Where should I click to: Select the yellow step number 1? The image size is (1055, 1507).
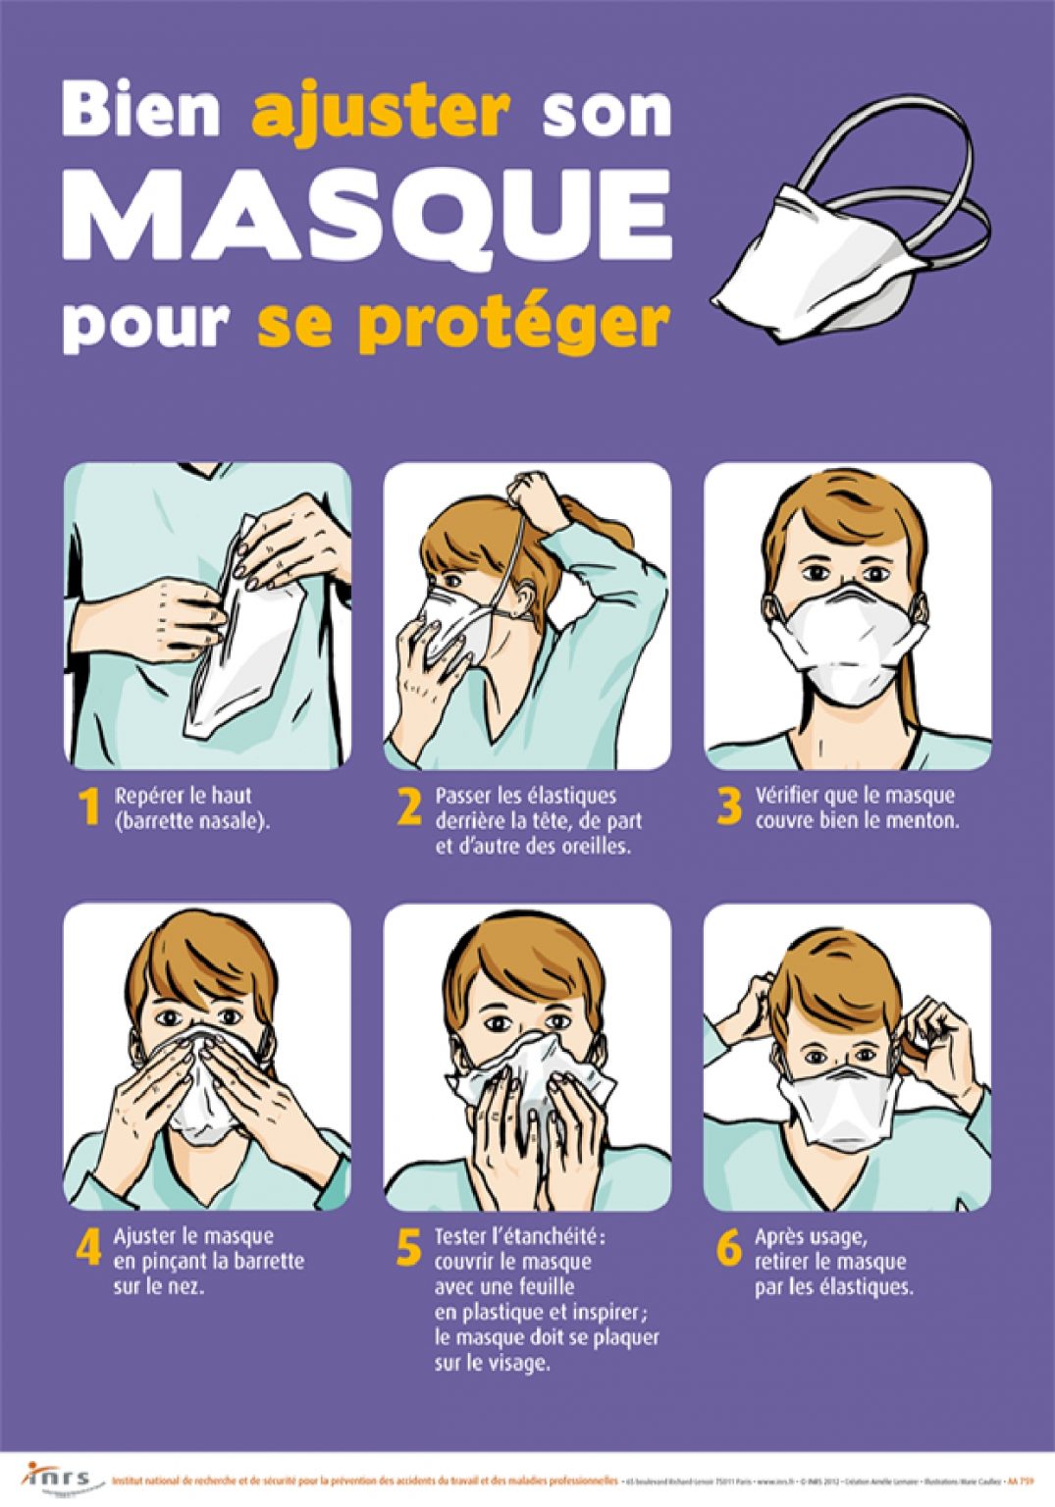pos(89,807)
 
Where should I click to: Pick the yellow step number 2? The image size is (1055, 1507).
pos(409,807)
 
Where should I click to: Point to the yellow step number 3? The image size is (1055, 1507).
pos(729,807)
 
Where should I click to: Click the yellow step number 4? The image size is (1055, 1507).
pos(89,1248)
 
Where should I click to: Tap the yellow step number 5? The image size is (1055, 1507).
pos(409,1248)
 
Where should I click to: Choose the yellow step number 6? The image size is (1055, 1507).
pos(729,1248)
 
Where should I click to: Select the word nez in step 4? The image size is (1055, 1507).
pos(186,1286)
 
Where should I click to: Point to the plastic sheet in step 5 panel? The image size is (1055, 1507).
pos(535,1079)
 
